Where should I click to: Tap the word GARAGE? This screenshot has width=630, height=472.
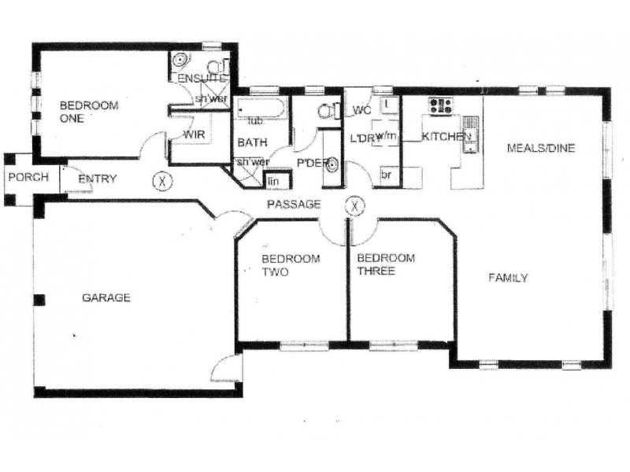(x=106, y=298)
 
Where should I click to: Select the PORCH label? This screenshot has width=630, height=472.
(x=23, y=177)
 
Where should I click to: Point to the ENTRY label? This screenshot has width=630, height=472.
(x=98, y=179)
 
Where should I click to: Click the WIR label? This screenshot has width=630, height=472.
(x=194, y=135)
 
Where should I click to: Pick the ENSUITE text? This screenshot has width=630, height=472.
(x=202, y=79)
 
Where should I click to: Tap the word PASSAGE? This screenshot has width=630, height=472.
(x=293, y=205)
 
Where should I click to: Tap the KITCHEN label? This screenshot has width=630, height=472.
(x=447, y=138)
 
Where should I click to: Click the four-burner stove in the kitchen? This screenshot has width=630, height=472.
(x=439, y=105)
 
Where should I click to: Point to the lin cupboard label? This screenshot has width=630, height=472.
(x=275, y=181)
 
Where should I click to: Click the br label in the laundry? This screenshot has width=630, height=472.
(x=387, y=175)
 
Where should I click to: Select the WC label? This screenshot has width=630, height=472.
(x=362, y=109)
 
